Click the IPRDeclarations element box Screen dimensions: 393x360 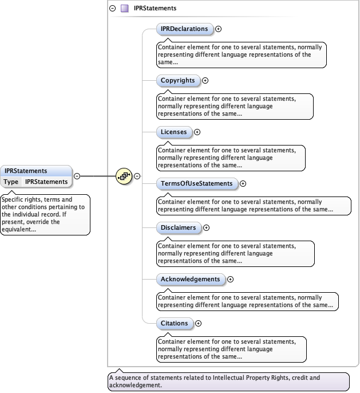pos(185,29)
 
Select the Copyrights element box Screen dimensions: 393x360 pos(178,80)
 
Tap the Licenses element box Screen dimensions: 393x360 pos(173,132)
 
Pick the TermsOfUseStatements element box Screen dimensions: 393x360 pos(197,183)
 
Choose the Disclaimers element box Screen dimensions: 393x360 pos(179,227)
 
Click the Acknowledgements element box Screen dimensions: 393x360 pos(191,279)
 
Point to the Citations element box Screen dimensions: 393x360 pos(175,323)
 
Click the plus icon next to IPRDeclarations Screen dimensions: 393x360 pos(218,29)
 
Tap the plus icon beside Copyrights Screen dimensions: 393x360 pos(205,80)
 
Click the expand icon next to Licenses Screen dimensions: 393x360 pos(197,132)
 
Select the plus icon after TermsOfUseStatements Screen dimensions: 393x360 pos(243,183)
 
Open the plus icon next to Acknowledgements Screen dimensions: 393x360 pos(231,279)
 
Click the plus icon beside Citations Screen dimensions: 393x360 pos(198,323)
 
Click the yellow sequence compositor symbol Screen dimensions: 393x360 pos(124,176)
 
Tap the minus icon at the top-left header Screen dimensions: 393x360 pos(113,9)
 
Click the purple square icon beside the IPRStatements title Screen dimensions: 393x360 pos(124,9)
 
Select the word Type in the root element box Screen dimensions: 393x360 pos(11,182)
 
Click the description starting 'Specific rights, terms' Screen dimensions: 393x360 pos(45,214)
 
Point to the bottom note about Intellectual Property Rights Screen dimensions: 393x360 pos(228,382)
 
